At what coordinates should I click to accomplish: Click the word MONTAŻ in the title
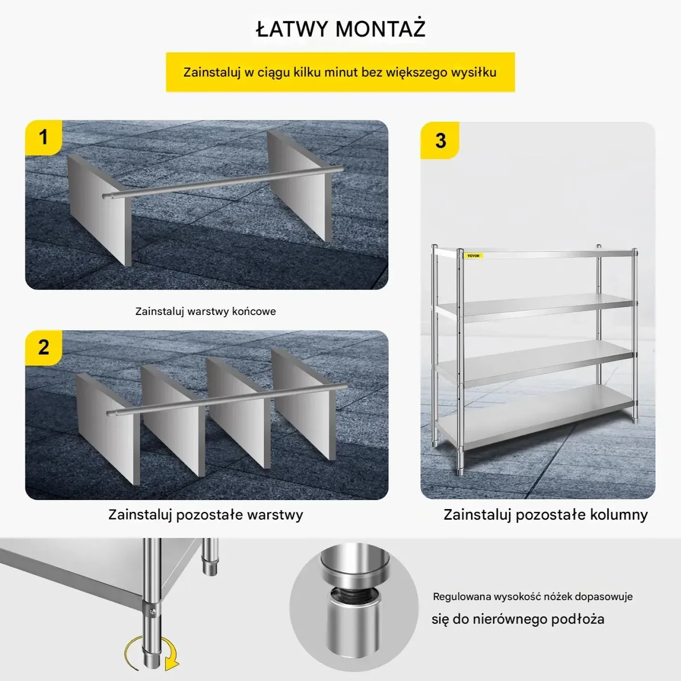tap(380, 28)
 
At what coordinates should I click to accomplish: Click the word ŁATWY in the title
tap(291, 28)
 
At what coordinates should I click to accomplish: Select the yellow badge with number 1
tap(43, 137)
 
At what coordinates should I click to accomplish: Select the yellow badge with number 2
tap(43, 348)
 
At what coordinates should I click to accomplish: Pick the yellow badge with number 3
tap(440, 140)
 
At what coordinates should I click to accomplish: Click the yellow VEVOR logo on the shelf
tap(473, 256)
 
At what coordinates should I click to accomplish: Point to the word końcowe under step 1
tap(254, 311)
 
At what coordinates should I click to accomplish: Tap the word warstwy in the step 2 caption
tap(275, 514)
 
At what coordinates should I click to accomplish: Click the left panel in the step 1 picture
tap(99, 210)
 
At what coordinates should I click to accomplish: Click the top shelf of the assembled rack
tap(534, 253)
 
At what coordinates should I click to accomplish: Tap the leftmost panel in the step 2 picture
tap(108, 429)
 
